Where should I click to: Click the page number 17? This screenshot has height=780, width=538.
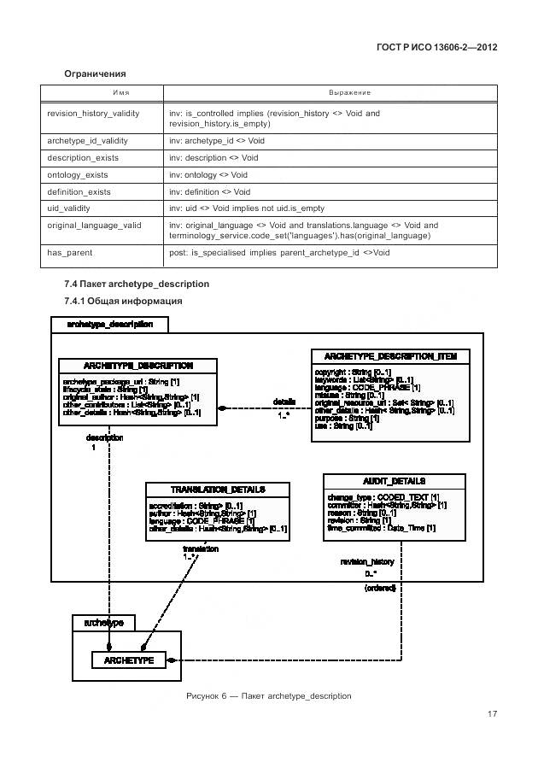492,714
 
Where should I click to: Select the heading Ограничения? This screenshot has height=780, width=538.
95,74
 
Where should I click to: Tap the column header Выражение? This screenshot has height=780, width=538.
349,92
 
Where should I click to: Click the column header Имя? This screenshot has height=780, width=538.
104,92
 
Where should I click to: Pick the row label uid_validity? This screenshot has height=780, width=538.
69,208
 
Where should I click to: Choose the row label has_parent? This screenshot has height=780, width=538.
70,253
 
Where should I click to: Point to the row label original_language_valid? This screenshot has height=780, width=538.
94,226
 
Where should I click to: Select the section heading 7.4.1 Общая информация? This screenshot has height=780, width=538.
123,301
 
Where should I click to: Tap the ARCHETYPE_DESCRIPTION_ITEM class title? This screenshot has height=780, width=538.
390,355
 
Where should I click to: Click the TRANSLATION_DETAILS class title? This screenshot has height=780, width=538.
218,490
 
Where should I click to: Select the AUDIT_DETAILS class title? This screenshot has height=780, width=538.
394,481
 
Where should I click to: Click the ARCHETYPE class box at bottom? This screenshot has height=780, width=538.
129,660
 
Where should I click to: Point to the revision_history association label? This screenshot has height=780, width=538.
367,561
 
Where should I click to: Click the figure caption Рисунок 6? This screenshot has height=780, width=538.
268,695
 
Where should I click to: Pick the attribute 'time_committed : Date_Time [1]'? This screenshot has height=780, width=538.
381,528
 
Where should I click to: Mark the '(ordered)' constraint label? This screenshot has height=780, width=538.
380,589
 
